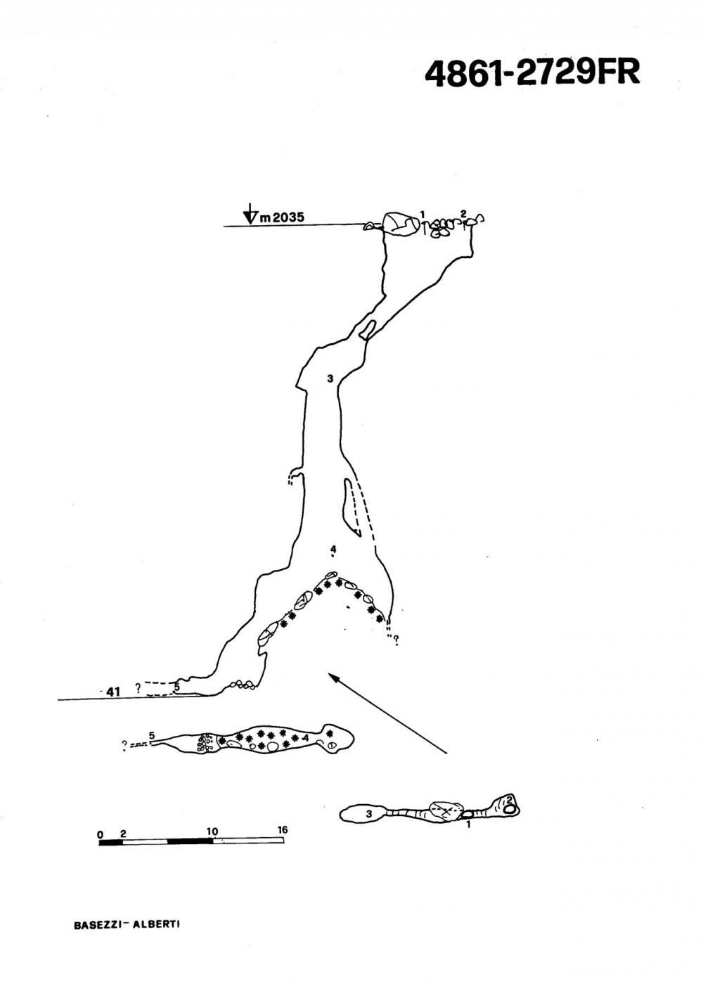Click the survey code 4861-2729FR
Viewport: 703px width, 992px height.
(532, 72)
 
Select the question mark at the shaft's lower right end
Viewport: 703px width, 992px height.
(396, 640)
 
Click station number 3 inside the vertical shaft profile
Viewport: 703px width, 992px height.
(330, 379)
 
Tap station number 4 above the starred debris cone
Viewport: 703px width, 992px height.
(333, 549)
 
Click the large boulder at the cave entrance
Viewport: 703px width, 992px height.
(401, 224)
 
